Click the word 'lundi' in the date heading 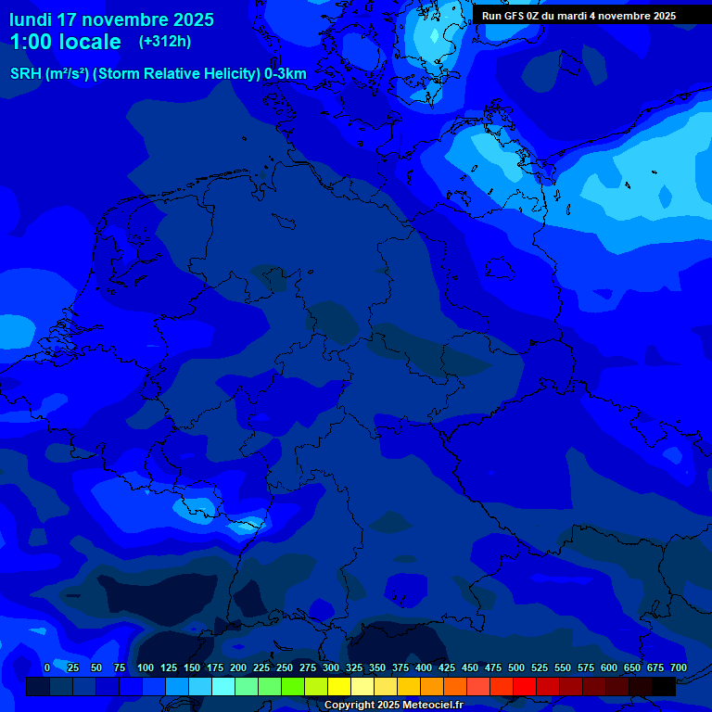(x=31, y=19)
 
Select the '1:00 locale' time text (x=66, y=42)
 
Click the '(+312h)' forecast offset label (x=165, y=42)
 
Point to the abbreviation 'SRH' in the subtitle (x=26, y=73)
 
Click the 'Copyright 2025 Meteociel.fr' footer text (x=393, y=706)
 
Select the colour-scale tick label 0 (x=47, y=668)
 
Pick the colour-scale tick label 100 (x=146, y=668)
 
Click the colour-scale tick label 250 (x=285, y=668)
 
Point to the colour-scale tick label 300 (x=331, y=668)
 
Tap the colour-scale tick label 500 (x=516, y=668)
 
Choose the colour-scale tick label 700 (x=679, y=668)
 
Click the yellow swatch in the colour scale (x=339, y=686)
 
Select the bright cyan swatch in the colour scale (x=223, y=686)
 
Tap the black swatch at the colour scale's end (x=664, y=686)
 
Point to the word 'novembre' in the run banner (x=620, y=16)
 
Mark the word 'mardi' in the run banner (x=573, y=16)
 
